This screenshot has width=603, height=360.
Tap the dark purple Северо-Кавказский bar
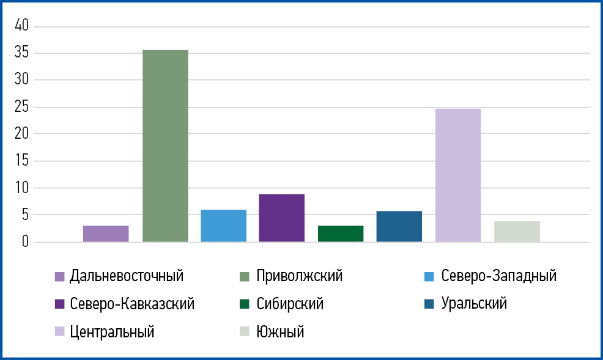[x=281, y=218]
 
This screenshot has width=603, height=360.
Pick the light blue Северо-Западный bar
[x=223, y=226]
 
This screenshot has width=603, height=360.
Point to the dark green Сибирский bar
[x=341, y=233]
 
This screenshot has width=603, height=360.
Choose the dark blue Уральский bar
[x=399, y=226]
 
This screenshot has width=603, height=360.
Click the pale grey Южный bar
[x=517, y=231]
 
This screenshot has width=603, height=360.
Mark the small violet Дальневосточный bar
[x=106, y=233]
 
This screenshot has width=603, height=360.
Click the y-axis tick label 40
[x=23, y=26]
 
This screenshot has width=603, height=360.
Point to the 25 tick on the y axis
[x=23, y=107]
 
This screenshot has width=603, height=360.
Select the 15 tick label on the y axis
[x=23, y=161]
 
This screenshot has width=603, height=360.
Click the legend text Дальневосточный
[x=127, y=276]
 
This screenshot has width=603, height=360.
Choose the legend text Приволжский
[x=300, y=276]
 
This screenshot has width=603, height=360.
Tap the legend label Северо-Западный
[x=498, y=276]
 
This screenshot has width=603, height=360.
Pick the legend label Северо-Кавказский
[x=132, y=304]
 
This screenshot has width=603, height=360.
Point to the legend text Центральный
[x=112, y=332]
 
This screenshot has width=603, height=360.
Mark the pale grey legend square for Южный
[x=245, y=332]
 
